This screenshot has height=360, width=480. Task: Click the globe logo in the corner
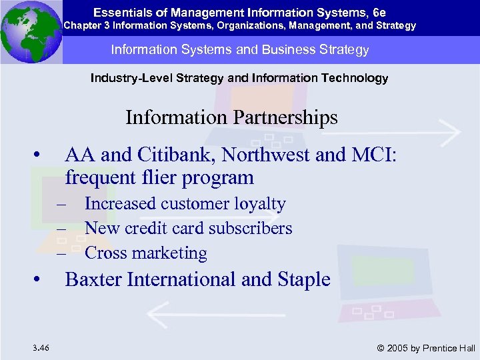(31, 32)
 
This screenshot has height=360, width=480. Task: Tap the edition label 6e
(378, 12)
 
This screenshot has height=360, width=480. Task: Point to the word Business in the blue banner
(298, 50)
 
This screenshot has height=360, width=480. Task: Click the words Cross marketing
(145, 253)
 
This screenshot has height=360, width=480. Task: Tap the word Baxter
(93, 279)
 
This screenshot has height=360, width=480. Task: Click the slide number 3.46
(39, 347)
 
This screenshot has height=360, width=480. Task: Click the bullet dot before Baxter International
(41, 279)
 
